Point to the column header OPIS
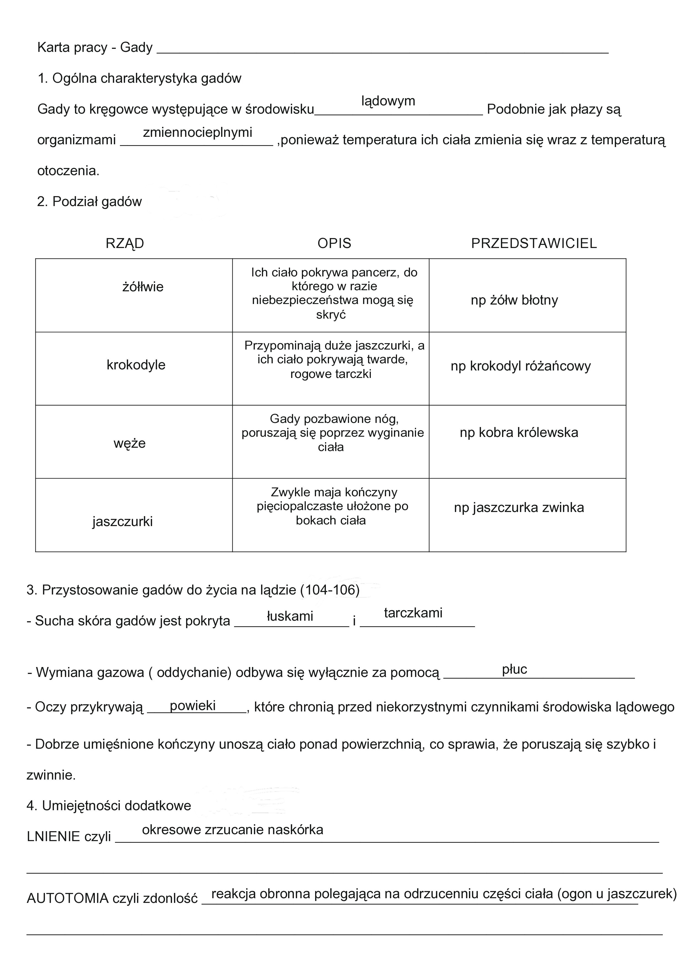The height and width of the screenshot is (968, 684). [x=334, y=243]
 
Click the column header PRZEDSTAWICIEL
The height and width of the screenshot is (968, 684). [x=533, y=243]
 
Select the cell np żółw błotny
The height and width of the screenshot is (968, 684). [x=514, y=300]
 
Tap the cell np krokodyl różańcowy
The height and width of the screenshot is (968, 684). [x=521, y=366]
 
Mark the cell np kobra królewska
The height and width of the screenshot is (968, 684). [x=519, y=433]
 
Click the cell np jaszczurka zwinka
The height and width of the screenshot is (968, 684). [x=519, y=507]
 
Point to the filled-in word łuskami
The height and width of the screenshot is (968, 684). [x=290, y=616]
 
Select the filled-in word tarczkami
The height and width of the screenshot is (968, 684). [x=413, y=613]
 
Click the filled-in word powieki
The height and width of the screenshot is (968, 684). [x=193, y=705]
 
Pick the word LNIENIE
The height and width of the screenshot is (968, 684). [x=53, y=836]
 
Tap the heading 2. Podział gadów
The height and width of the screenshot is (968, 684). [x=89, y=202]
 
